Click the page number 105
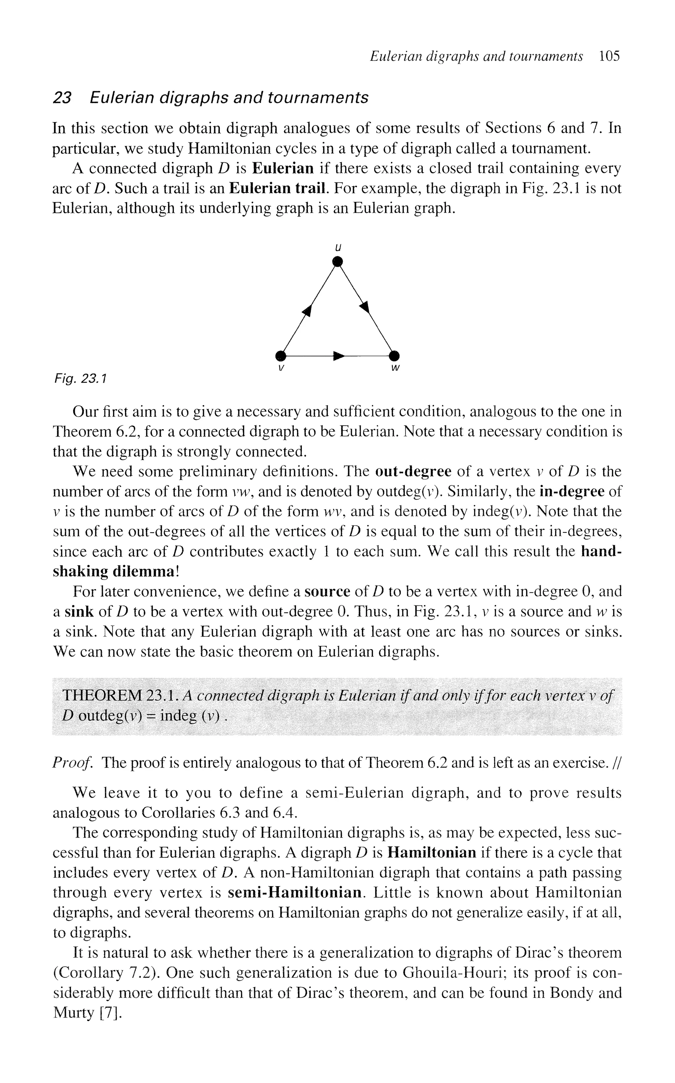tap(609, 56)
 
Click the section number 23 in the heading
tap(62, 97)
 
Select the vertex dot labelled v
tap(280, 356)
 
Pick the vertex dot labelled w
tap(394, 356)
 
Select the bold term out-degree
tap(413, 471)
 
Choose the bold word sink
tap(79, 611)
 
